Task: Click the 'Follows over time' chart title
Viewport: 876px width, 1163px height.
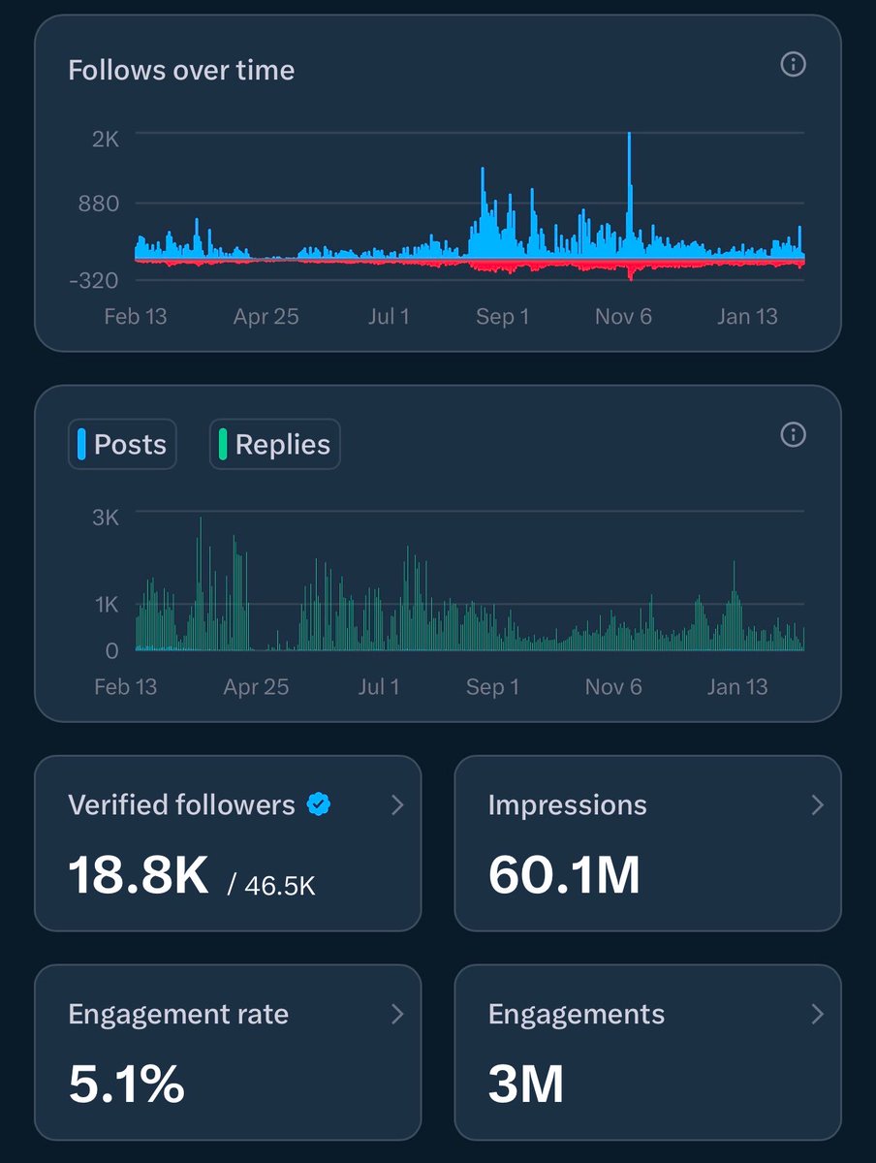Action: click(181, 71)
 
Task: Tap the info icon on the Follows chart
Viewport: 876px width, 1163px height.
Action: click(793, 65)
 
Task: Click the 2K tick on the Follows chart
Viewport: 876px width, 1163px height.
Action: click(106, 139)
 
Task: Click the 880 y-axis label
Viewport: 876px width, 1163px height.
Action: click(100, 204)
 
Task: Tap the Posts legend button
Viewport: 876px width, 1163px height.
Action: click(122, 445)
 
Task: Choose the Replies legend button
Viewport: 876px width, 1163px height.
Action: click(275, 445)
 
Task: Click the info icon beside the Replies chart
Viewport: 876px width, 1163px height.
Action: click(793, 435)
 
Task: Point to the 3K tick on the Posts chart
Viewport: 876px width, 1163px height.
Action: click(106, 517)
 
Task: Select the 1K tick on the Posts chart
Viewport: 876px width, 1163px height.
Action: click(106, 605)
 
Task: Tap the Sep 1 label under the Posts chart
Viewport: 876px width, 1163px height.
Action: click(492, 687)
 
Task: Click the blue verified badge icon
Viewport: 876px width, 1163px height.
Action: click(318, 803)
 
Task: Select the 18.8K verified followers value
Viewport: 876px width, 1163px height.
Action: click(138, 875)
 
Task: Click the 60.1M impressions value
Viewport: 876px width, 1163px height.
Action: click(564, 875)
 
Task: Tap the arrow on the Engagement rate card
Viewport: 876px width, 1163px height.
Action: click(397, 1015)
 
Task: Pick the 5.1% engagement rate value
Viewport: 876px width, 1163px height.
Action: click(126, 1084)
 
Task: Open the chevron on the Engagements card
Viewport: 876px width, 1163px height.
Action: click(817, 1015)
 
